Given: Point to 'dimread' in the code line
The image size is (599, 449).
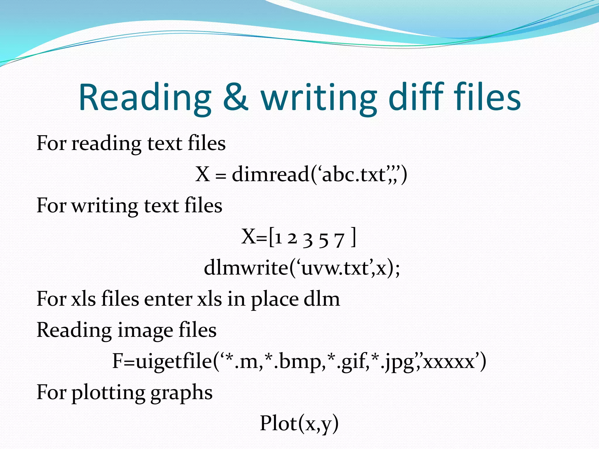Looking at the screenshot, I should pyautogui.click(x=271, y=175).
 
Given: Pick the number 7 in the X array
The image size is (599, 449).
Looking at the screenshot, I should pyautogui.click(x=339, y=240).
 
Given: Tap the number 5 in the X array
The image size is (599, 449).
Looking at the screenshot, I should pyautogui.click(x=323, y=240).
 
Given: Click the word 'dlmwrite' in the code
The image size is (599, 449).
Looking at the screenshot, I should pyautogui.click(x=246, y=267).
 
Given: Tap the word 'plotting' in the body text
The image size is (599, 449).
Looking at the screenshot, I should pyautogui.click(x=108, y=393).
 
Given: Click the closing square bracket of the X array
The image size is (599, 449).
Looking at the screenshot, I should pyautogui.click(x=354, y=237).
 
